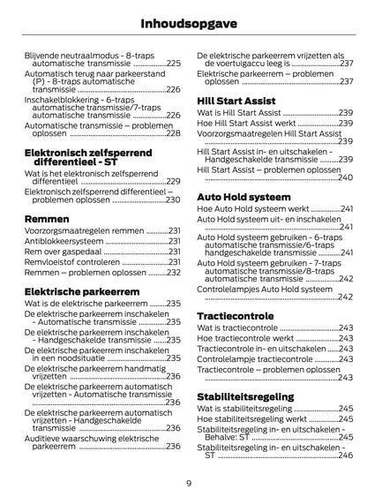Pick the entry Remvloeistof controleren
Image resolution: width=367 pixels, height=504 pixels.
pos(72,262)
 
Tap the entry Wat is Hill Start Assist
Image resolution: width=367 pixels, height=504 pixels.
pos(238,114)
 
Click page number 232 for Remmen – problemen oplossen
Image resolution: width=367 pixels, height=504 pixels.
pos(174,273)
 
